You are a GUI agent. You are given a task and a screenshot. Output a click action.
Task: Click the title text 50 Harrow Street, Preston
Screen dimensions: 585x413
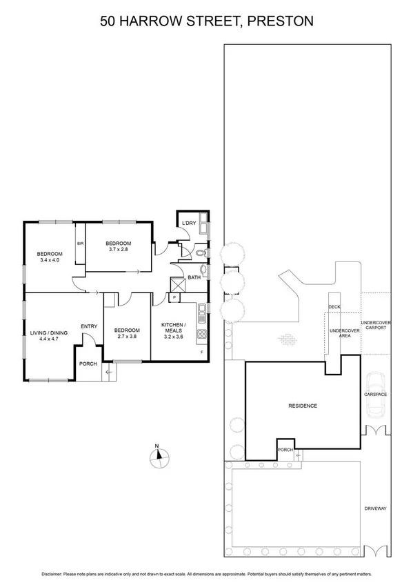pyautogui.click(x=206, y=21)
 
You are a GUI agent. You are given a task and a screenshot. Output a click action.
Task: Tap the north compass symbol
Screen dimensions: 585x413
pyautogui.click(x=157, y=457)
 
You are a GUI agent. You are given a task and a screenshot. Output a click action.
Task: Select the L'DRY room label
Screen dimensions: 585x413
pyautogui.click(x=188, y=223)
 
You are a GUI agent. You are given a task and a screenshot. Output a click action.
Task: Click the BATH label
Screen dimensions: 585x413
pyautogui.click(x=194, y=277)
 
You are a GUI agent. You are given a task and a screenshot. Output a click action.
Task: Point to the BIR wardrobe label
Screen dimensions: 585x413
pyautogui.click(x=81, y=244)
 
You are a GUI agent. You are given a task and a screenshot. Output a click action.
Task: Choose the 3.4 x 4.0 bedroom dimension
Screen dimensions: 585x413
pyautogui.click(x=49, y=260)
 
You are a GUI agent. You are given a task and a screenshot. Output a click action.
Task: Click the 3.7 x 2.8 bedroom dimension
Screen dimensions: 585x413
pyautogui.click(x=117, y=250)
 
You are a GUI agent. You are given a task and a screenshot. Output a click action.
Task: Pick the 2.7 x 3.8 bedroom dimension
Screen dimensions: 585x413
pyautogui.click(x=127, y=337)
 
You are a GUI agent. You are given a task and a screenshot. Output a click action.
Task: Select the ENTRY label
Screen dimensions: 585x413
pyautogui.click(x=88, y=326)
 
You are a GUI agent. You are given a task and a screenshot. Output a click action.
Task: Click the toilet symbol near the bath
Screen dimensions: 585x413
pyautogui.click(x=199, y=254)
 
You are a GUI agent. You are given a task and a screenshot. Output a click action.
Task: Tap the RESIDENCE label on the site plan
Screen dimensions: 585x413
pyautogui.click(x=303, y=406)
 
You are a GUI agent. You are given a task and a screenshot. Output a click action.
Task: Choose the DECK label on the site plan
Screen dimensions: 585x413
pyautogui.click(x=334, y=306)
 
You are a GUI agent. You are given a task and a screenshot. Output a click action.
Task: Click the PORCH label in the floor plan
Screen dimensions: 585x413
pyautogui.click(x=88, y=364)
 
